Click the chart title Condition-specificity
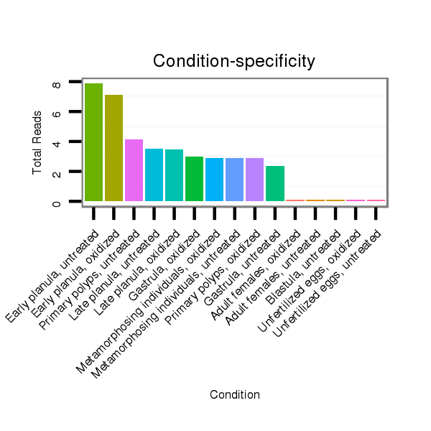pyautogui.click(x=234, y=62)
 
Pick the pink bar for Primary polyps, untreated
pyautogui.click(x=134, y=170)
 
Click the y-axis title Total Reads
pyautogui.click(x=37, y=142)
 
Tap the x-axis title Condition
pyautogui.click(x=234, y=394)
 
